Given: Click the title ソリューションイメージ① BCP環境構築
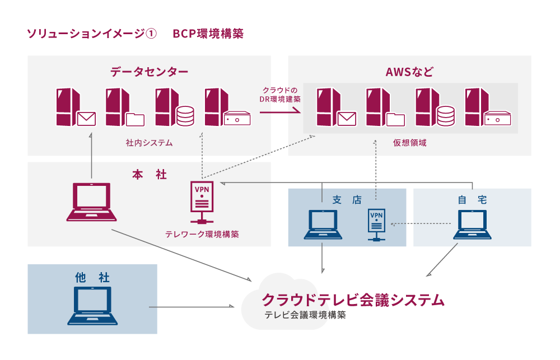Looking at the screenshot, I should pos(135,34).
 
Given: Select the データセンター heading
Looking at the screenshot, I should pos(149,72).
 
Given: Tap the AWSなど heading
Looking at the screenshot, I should pos(409,72).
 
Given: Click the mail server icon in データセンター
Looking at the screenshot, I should pos(75,108).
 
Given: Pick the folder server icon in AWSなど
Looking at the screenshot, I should pos(385,108).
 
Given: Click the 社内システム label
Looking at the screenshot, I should pos(149,143).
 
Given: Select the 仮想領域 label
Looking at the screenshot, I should pos(410,143).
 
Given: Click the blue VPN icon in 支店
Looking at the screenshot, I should pos(376,224).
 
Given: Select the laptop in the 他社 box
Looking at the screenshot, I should pos(92,305).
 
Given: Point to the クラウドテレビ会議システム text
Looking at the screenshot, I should pos(353,300).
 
